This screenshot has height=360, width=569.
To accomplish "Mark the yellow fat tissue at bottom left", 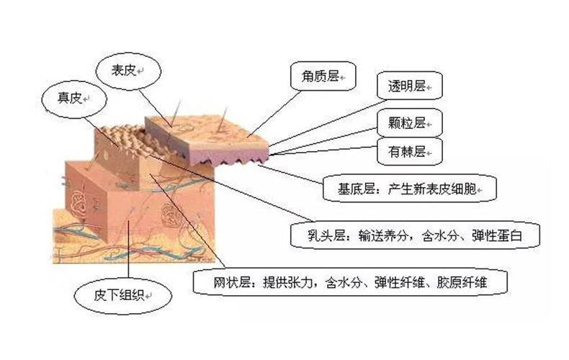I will (x=68, y=230).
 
